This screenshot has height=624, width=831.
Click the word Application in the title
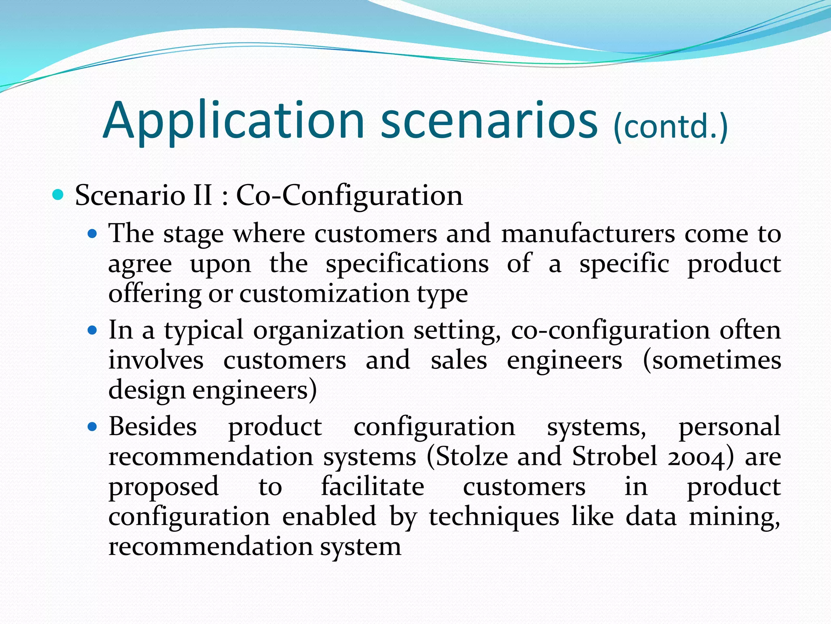tap(234, 121)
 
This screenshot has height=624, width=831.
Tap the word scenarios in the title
tap(489, 121)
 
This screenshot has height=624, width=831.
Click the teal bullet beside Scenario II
tap(58, 195)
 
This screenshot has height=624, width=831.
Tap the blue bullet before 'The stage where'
tap(93, 234)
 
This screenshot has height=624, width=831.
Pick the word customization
tap(324, 294)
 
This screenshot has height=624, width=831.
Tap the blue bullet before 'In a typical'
tap(93, 330)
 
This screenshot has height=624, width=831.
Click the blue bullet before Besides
tap(93, 427)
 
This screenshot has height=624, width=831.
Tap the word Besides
tap(153, 427)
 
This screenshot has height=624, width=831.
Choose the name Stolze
tap(467, 457)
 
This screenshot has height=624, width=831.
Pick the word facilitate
tap(372, 487)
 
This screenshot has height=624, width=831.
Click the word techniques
tap(494, 517)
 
